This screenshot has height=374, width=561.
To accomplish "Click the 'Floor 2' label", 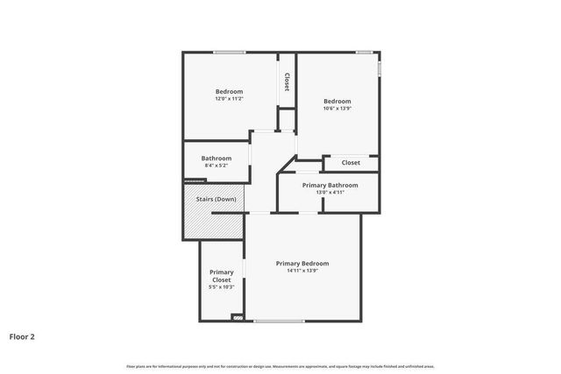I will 22,335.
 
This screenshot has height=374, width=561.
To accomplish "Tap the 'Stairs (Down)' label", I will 214,199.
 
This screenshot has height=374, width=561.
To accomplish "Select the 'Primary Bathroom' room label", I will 330,185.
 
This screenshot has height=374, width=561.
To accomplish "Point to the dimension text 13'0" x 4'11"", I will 330,193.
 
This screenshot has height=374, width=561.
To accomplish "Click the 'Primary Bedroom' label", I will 302,264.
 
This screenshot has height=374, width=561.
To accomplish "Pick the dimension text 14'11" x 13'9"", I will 302,271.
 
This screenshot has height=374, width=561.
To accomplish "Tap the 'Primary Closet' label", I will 221,276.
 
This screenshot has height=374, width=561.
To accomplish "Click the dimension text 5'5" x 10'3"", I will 221,287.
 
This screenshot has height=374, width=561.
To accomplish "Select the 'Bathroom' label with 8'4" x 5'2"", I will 217,159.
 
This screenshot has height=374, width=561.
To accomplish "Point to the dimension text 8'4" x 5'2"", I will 217,166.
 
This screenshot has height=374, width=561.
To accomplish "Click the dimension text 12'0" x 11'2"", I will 230,99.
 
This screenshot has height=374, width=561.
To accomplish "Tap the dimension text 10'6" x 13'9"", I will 337,108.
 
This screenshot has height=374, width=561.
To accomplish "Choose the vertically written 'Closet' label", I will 287,81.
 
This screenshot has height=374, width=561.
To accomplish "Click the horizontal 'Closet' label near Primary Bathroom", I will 351,162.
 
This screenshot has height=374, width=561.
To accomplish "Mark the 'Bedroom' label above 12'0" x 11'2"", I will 230,91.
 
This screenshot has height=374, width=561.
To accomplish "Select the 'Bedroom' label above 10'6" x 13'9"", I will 337,101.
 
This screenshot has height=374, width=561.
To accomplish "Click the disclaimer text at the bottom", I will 280,366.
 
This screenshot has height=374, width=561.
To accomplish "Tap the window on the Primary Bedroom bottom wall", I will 279,321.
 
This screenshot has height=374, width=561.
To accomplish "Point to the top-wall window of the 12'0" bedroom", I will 230,53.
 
